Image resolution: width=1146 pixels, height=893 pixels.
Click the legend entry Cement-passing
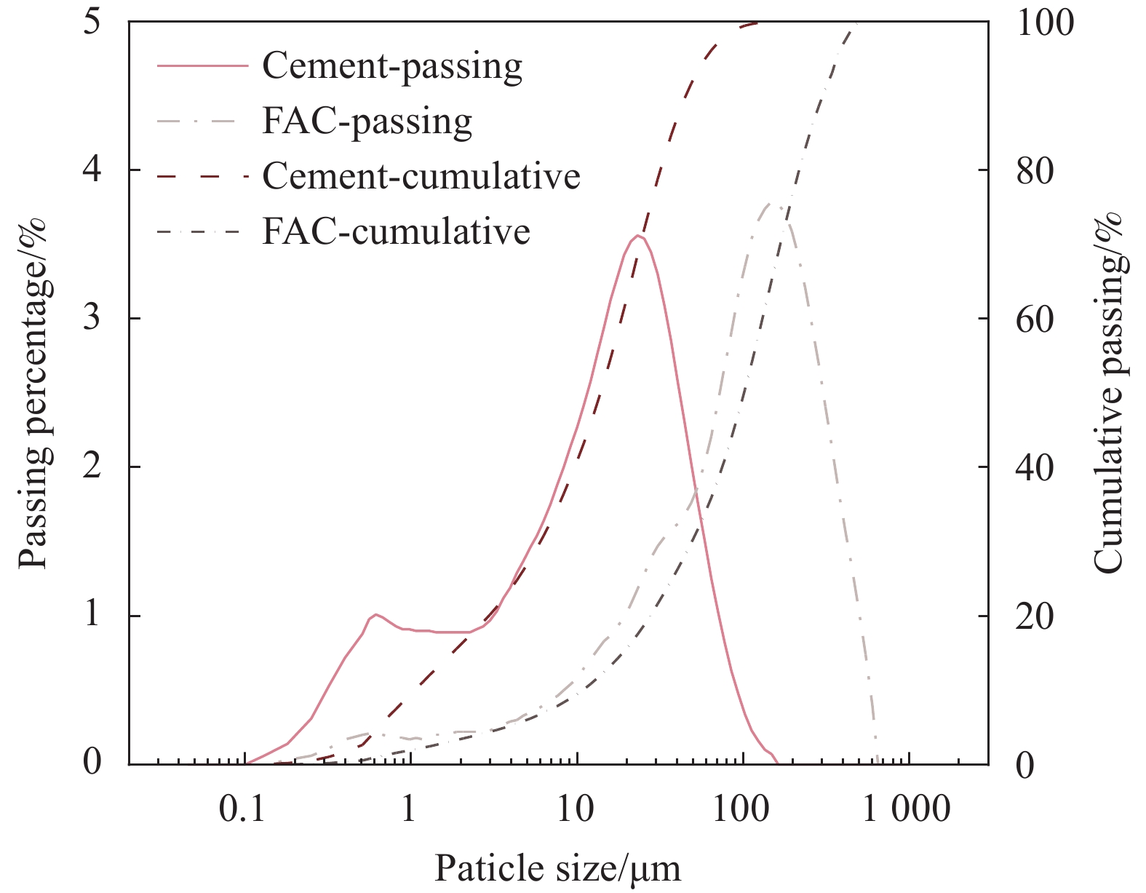[392, 66]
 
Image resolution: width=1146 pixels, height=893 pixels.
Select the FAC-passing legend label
[367, 122]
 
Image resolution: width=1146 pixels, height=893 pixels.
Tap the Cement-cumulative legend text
[421, 176]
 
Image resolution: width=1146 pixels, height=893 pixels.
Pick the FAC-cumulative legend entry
[396, 231]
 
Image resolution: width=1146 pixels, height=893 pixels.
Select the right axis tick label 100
[1044, 23]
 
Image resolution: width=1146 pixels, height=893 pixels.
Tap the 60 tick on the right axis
[1034, 320]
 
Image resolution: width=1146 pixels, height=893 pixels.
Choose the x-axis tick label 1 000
[907, 809]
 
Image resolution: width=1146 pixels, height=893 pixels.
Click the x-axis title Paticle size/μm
[557, 868]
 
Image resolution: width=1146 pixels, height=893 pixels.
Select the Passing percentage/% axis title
[33, 393]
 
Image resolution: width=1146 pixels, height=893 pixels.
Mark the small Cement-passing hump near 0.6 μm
[375, 614]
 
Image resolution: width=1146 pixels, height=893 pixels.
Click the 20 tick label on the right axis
[1034, 616]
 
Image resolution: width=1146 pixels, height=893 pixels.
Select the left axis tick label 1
[92, 615]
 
